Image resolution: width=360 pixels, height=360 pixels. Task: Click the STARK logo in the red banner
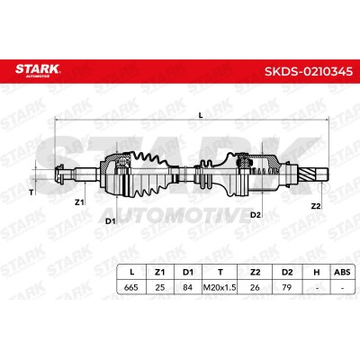pos(38,70)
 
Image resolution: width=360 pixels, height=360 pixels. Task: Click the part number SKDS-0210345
pos(309,71)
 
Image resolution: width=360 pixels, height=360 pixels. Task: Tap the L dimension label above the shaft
pos(201,114)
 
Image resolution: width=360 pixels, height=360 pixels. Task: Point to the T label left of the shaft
pos(31,193)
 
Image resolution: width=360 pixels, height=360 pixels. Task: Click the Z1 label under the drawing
pos(79,202)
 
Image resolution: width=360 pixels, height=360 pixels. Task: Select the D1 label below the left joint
pos(111,221)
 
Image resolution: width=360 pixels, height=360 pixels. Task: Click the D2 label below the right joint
pos(256,214)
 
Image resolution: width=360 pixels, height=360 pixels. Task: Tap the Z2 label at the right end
pos(316,206)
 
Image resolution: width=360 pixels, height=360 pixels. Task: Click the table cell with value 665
pos(131,287)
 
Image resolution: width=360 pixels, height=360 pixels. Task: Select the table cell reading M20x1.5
pos(220,287)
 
